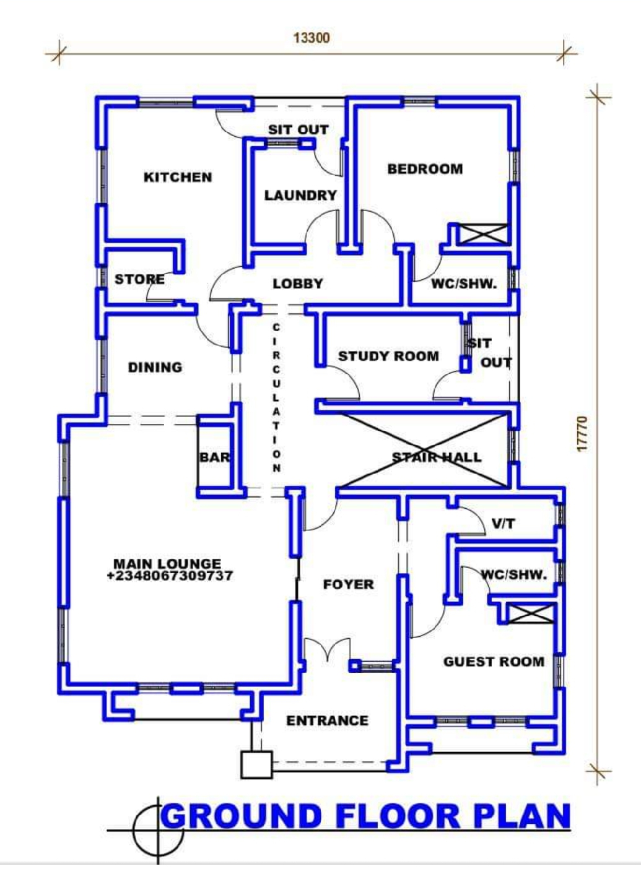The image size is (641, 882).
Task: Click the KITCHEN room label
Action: (178, 177)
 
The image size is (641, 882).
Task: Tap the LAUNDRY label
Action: (300, 196)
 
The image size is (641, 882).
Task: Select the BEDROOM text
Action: (425, 169)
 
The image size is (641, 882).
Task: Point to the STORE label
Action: (140, 280)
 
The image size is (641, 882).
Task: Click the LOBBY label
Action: (298, 283)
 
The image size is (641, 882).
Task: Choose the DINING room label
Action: (155, 368)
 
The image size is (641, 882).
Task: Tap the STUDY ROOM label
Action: (388, 356)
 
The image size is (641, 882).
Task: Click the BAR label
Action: (215, 457)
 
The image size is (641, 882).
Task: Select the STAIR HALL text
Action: (437, 457)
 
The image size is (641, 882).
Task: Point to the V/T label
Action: (504, 523)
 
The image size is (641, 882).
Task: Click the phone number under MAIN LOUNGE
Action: (170, 576)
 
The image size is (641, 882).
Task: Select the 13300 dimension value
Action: (312, 38)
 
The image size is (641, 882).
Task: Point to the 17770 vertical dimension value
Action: (582, 434)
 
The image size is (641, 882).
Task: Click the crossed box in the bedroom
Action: (484, 234)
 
